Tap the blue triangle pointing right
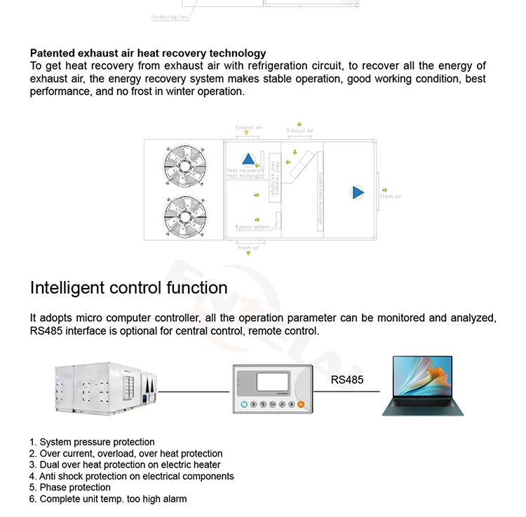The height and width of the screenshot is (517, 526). (358, 192)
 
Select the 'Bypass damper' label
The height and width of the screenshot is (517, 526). (253, 227)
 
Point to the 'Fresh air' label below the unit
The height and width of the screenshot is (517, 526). (248, 247)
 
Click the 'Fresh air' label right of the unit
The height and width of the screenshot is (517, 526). (391, 197)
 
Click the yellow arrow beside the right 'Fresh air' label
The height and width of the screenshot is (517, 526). (384, 188)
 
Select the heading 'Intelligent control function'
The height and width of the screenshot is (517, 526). (128, 287)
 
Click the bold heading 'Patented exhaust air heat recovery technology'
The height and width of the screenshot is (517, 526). (148, 53)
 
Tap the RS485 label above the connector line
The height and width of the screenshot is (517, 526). (347, 381)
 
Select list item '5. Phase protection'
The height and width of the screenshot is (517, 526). (70, 487)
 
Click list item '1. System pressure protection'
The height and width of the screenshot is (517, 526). (92, 442)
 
